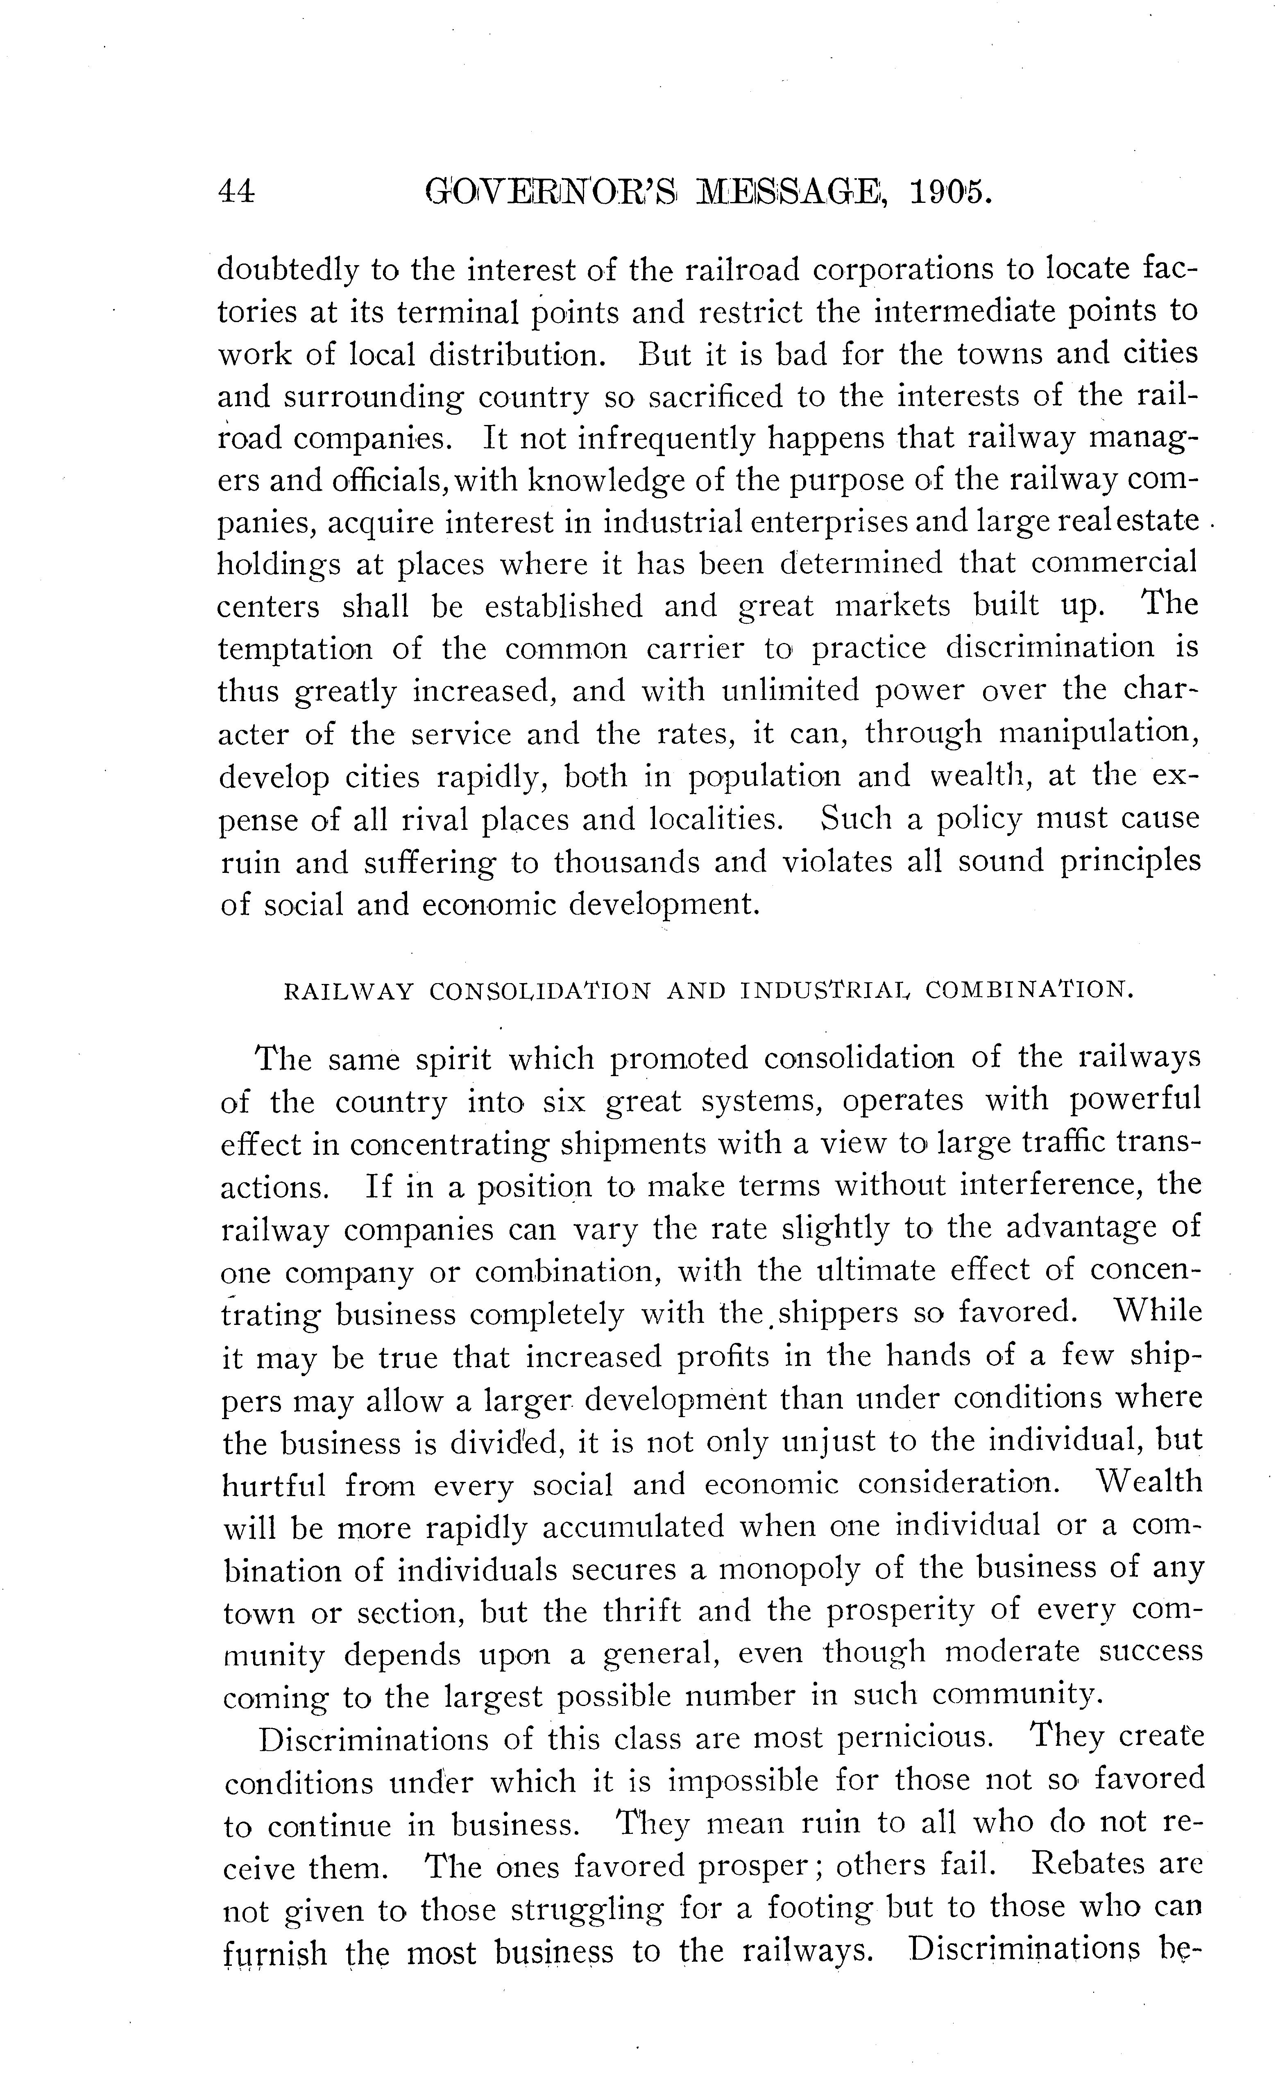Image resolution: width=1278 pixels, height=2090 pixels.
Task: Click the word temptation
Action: coord(294,649)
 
